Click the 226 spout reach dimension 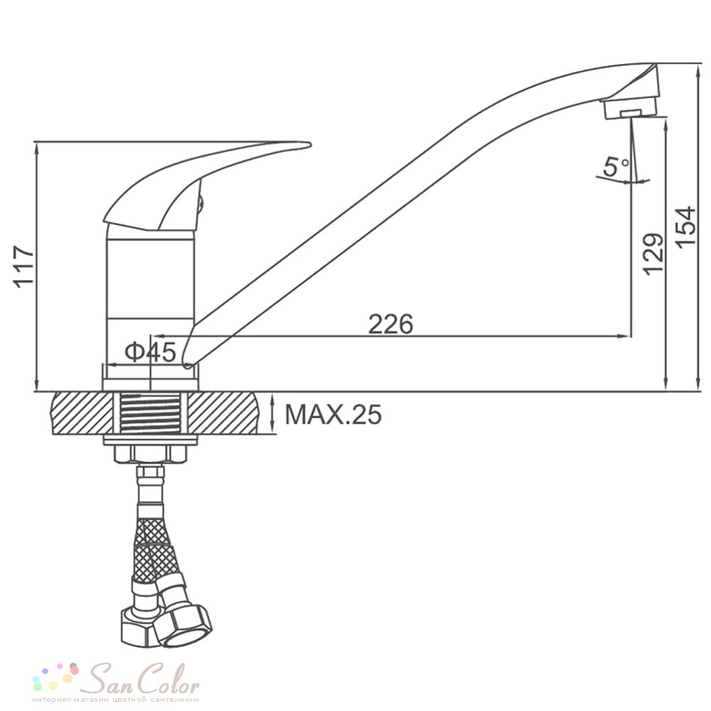(x=390, y=324)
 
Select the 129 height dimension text (x=653, y=254)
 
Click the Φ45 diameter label (x=150, y=352)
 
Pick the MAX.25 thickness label (x=333, y=414)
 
